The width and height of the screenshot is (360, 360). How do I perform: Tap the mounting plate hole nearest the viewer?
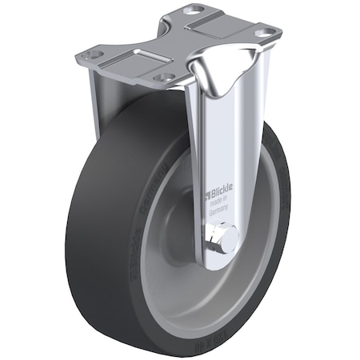pyautogui.click(x=165, y=78)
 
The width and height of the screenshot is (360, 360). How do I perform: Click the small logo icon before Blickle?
pyautogui.click(x=206, y=194)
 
